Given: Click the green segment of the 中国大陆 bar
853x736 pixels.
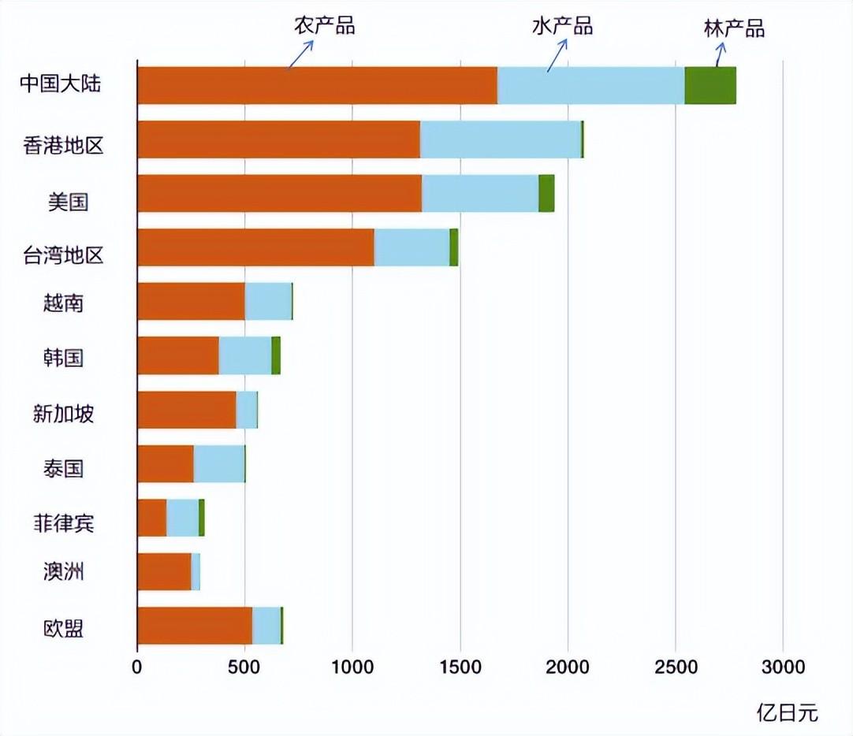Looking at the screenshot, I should pyautogui.click(x=710, y=85).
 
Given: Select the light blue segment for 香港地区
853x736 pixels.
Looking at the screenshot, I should pyautogui.click(x=500, y=139).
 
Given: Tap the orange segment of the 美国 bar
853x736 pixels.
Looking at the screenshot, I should pyautogui.click(x=279, y=193).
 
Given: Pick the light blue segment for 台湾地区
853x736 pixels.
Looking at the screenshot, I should pyautogui.click(x=412, y=247).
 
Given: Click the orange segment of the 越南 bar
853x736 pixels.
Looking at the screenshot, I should pyautogui.click(x=191, y=301).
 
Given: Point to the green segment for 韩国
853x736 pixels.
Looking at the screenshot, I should pyautogui.click(x=276, y=355).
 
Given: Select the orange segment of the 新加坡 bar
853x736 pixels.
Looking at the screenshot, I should pyautogui.click(x=186, y=410).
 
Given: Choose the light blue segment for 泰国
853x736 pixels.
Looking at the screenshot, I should pyautogui.click(x=219, y=463).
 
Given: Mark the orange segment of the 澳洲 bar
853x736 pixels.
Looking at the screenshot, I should pyautogui.click(x=164, y=571).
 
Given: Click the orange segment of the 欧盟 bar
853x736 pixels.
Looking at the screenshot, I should pyautogui.click(x=194, y=626).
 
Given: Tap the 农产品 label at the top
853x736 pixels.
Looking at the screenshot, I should pyautogui.click(x=325, y=25).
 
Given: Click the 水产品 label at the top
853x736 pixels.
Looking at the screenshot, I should pyautogui.click(x=562, y=25).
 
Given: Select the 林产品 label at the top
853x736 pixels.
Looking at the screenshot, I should pyautogui.click(x=734, y=29).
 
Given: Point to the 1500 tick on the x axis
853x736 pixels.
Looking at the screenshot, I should pyautogui.click(x=460, y=667).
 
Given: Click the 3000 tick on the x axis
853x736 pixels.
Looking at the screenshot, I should pyautogui.click(x=783, y=667).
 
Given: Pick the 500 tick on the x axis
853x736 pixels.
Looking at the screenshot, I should pyautogui.click(x=244, y=667).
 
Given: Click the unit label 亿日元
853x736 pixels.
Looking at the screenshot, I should pyautogui.click(x=788, y=713).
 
